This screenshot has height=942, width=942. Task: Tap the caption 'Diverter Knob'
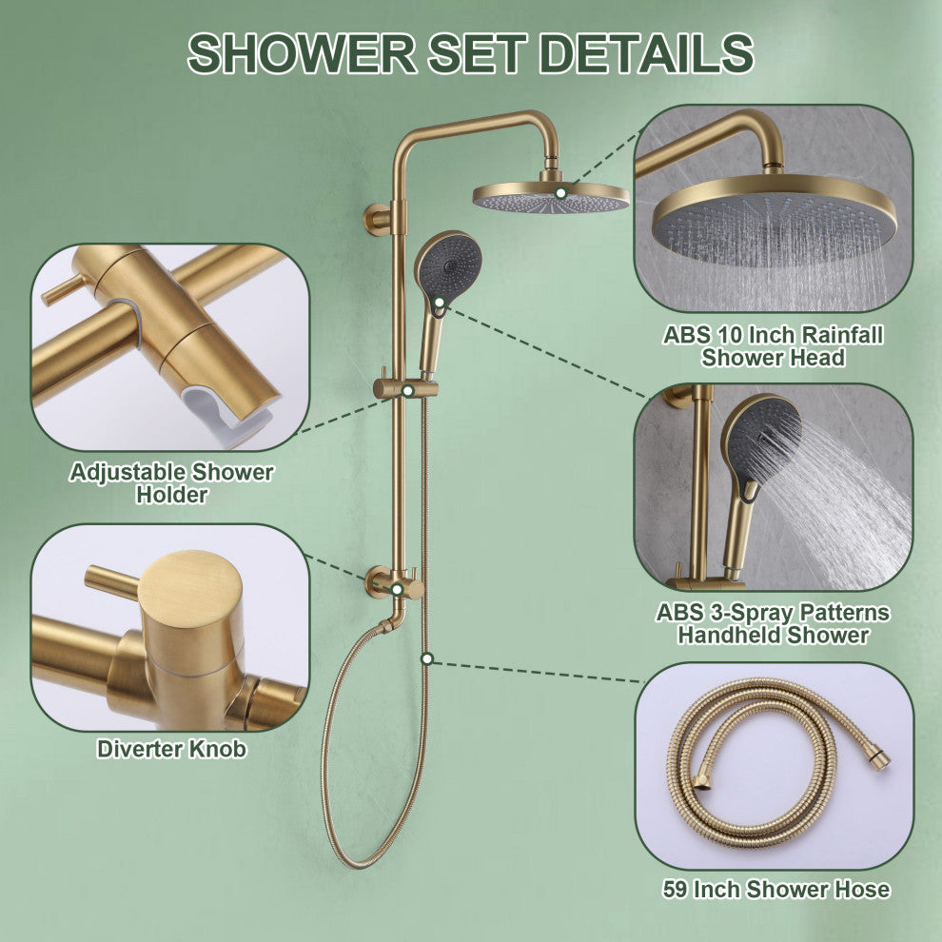tap(172, 749)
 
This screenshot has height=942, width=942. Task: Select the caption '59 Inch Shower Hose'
tap(776, 889)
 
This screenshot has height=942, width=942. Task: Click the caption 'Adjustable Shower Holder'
tap(172, 483)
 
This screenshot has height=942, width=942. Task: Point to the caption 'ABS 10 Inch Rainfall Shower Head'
tap(774, 346)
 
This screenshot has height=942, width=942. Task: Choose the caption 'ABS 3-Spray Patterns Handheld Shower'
tap(774, 623)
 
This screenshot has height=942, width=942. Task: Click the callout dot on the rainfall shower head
tap(561, 193)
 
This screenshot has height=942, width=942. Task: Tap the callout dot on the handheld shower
tap(440, 303)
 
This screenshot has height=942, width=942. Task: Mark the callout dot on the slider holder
tap(408, 390)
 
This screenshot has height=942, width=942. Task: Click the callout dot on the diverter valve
tap(397, 589)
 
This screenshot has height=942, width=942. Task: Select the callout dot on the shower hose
tap(427, 659)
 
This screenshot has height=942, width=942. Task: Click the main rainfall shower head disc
tap(551, 198)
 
